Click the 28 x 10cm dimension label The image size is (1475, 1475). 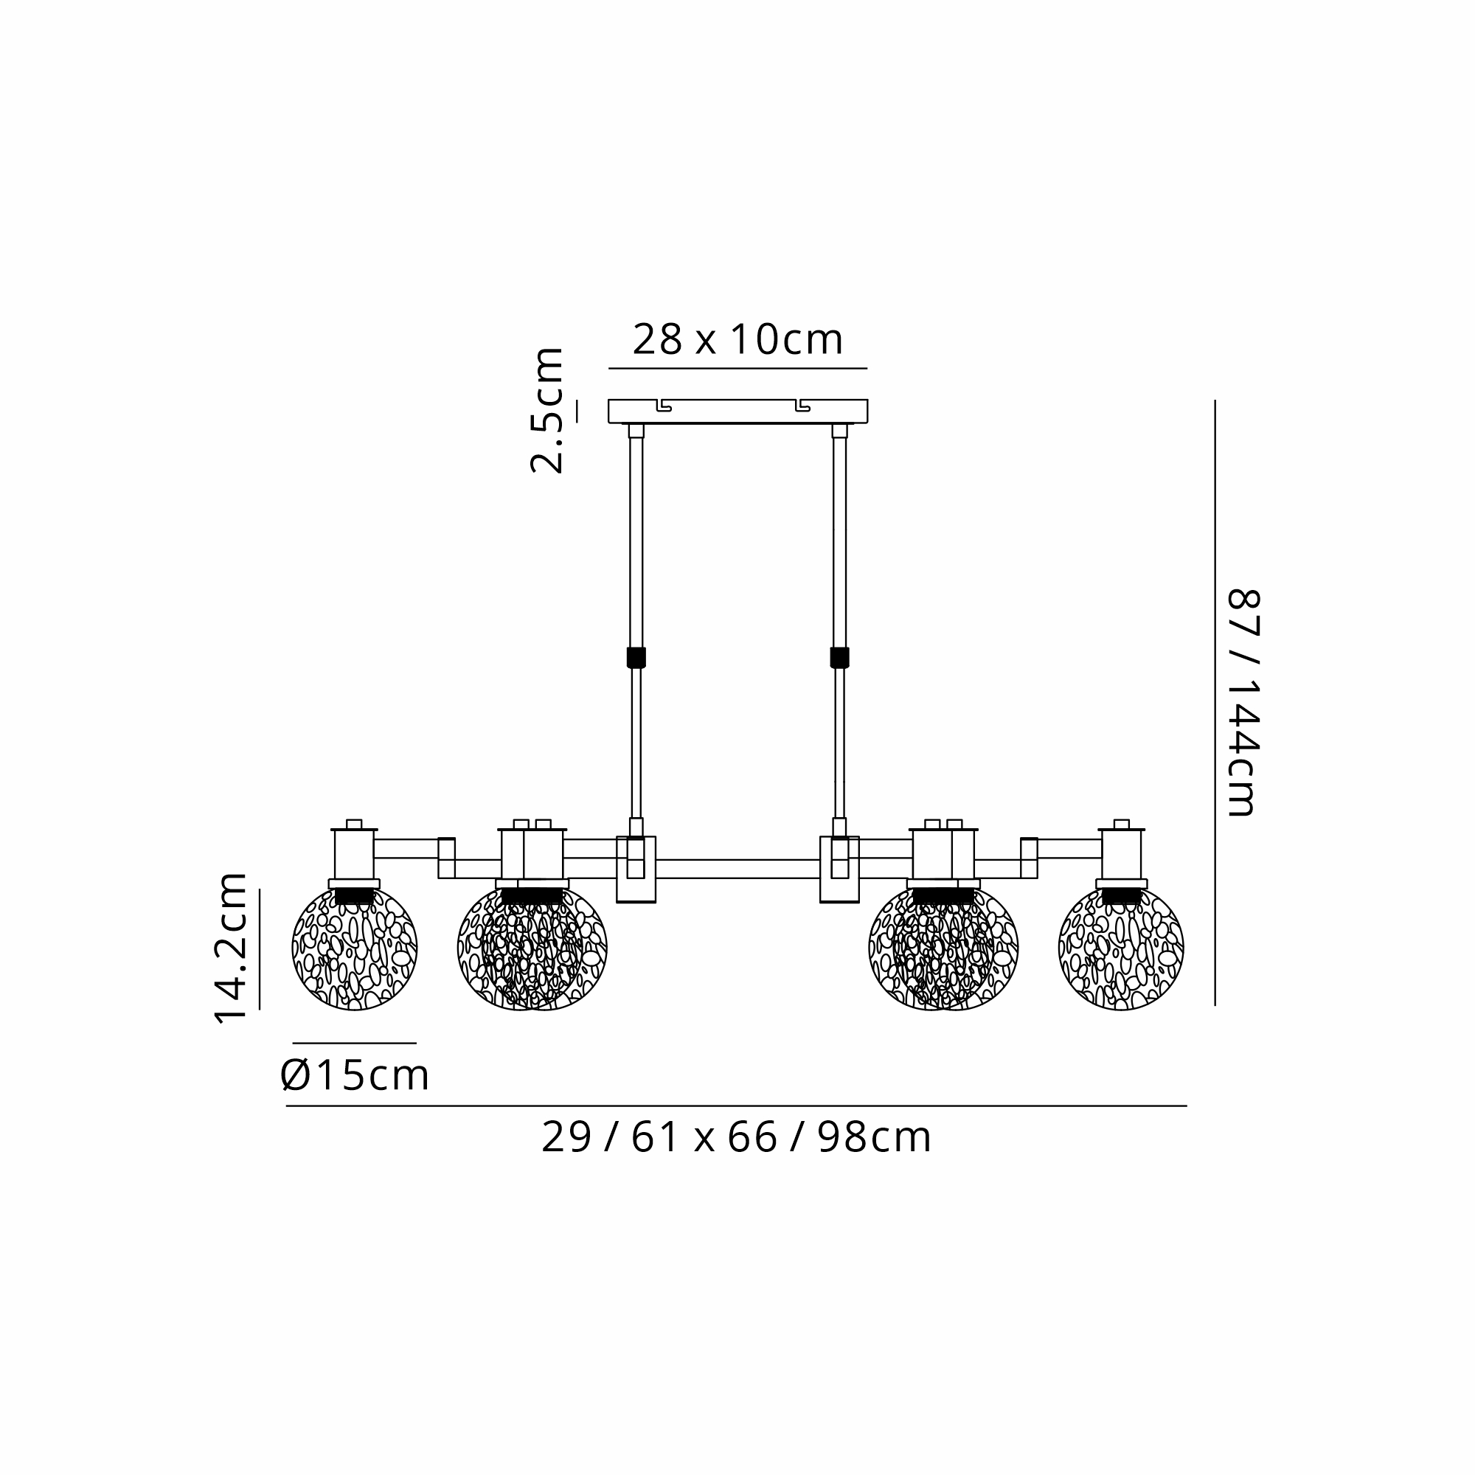737,340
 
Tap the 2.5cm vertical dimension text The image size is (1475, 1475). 546,410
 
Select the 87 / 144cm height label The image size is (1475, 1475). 1242,702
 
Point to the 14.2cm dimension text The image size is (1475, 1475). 231,948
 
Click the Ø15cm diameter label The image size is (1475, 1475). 355,1076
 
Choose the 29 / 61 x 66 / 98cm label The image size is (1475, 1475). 737,1137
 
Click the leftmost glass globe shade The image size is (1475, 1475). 354,948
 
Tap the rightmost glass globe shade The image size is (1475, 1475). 1121,948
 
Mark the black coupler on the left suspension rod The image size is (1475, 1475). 636,657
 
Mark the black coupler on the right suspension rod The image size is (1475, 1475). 839,657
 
